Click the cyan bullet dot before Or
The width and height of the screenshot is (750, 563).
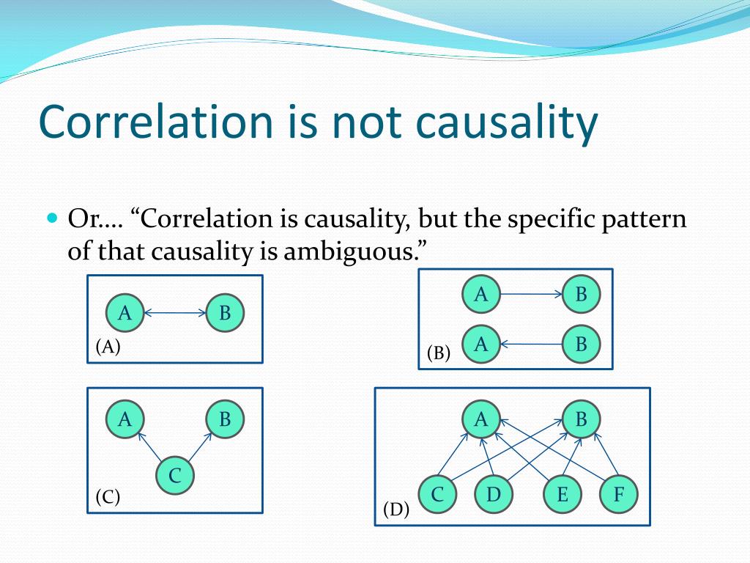[x=53, y=218]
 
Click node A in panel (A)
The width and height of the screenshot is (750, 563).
[x=125, y=313]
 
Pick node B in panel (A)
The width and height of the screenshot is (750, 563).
[x=225, y=313]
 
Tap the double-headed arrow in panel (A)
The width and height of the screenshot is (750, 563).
[x=175, y=313]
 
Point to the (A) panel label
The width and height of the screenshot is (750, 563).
[x=108, y=346]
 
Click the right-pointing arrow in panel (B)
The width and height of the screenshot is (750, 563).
[x=532, y=294]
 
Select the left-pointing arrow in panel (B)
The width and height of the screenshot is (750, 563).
[x=531, y=345]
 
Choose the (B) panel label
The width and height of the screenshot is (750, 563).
[x=439, y=353]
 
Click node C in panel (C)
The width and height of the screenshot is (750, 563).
[x=175, y=475]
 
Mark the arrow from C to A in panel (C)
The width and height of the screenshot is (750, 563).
[x=149, y=447]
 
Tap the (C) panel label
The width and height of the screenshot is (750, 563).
[x=108, y=497]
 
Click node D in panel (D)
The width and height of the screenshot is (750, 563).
[x=494, y=494]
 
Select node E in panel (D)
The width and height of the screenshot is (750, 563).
[x=562, y=494]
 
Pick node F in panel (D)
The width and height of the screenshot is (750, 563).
[x=619, y=494]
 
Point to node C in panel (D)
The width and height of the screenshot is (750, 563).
[x=438, y=494]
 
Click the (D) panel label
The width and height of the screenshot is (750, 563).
[x=396, y=510]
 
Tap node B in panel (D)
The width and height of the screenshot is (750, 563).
[x=581, y=419]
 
